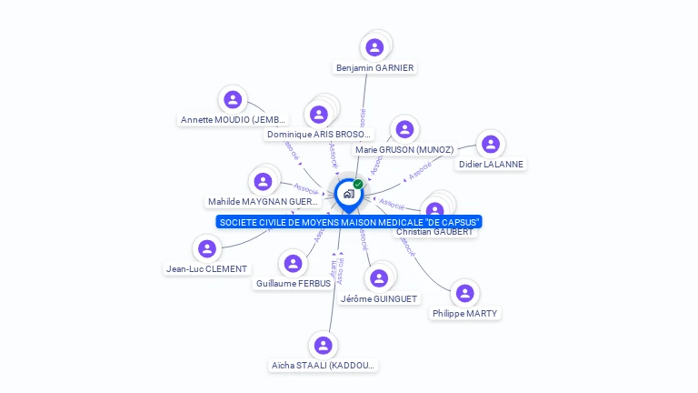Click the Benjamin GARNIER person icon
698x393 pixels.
(x=374, y=47)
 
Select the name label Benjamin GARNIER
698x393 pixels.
(x=374, y=68)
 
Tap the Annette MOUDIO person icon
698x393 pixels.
(x=234, y=99)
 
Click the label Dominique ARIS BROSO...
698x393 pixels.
(x=319, y=135)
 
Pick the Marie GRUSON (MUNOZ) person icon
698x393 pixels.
(x=404, y=129)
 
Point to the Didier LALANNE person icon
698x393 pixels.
(x=491, y=144)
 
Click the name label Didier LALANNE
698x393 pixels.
(x=491, y=165)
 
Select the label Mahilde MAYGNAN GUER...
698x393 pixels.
(x=264, y=202)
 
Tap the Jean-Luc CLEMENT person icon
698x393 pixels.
(x=207, y=248)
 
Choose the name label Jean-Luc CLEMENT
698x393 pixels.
(x=207, y=269)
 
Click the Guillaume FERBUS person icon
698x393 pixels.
(x=293, y=263)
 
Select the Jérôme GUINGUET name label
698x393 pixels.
(x=379, y=299)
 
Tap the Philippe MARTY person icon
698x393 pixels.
(x=465, y=293)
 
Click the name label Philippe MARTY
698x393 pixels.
(x=465, y=314)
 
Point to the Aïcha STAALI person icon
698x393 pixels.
(x=323, y=345)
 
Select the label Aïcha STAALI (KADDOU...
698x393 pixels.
(x=323, y=366)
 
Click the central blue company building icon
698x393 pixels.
(x=348, y=193)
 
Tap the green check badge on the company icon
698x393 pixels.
(x=358, y=184)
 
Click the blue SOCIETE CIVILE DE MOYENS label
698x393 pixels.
(x=349, y=222)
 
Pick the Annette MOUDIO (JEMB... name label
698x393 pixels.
(x=234, y=120)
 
